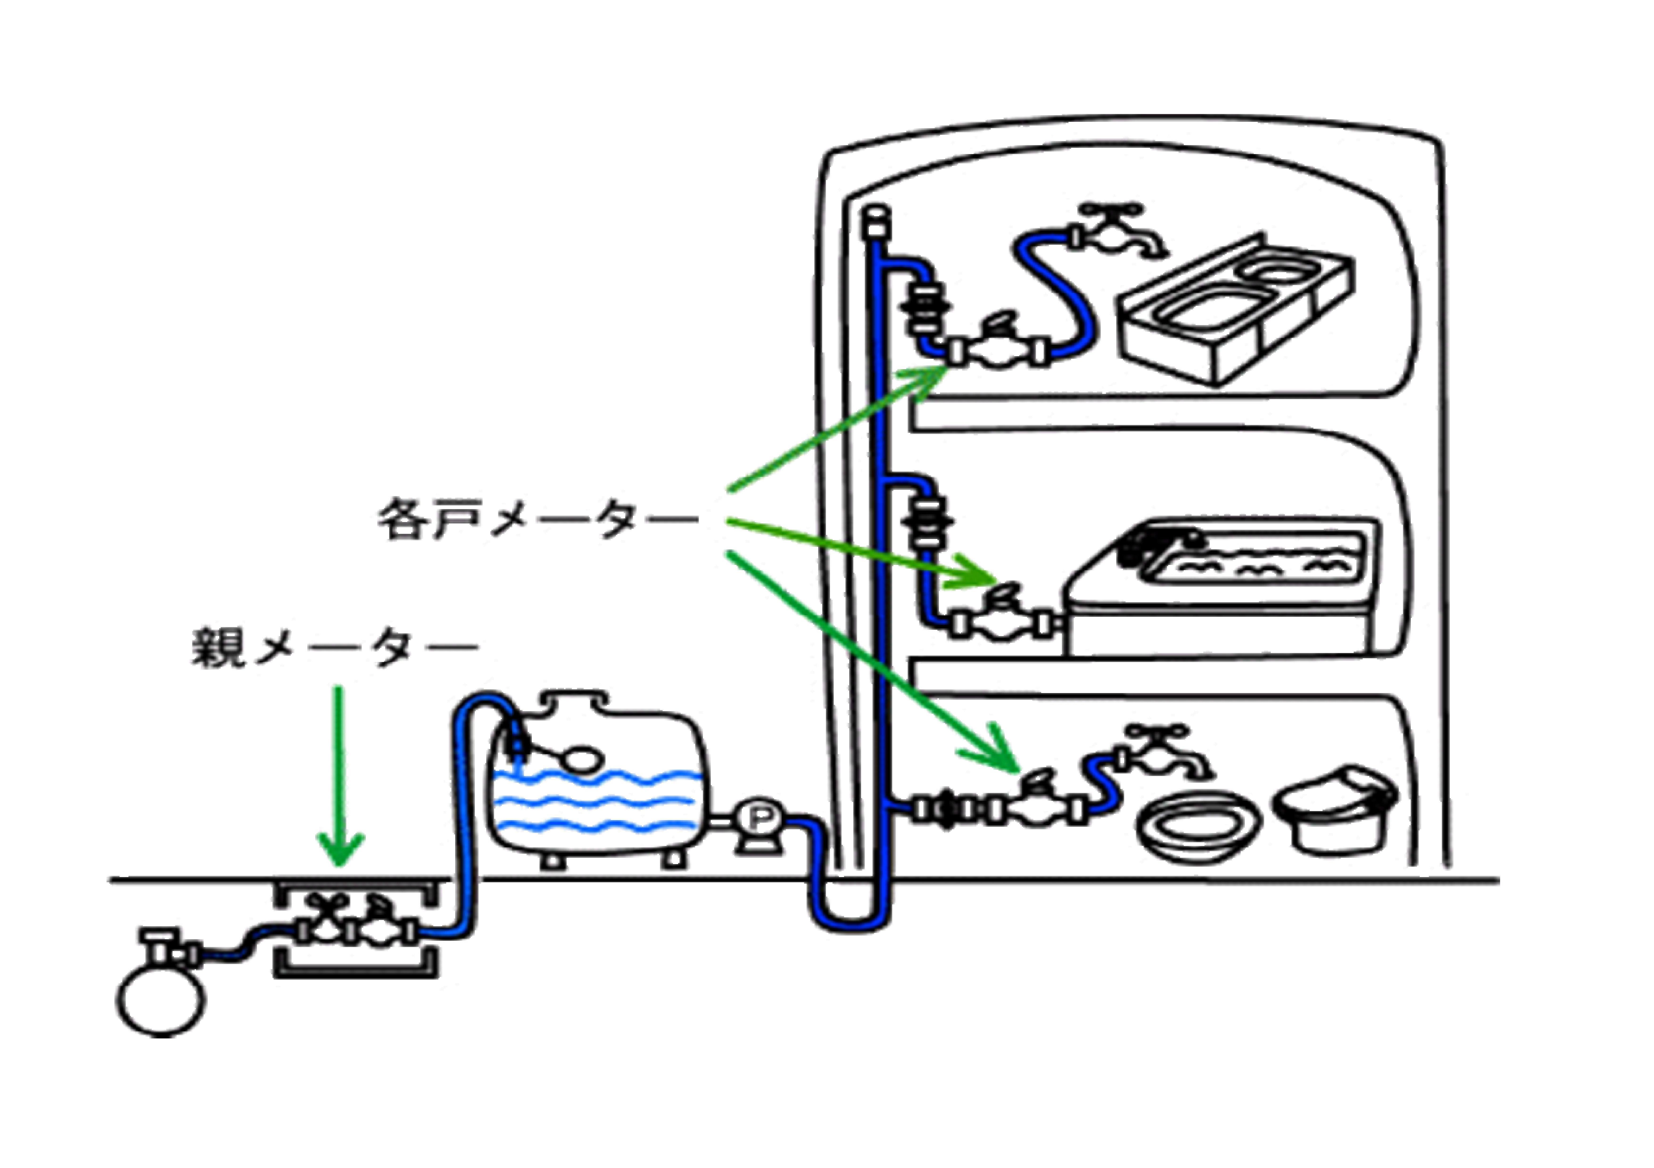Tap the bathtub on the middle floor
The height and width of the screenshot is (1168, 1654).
tap(1225, 587)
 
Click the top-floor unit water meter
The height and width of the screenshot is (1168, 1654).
tap(998, 349)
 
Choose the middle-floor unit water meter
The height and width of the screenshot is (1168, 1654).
tap(1001, 619)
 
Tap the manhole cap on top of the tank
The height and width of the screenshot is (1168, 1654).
tap(574, 700)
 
